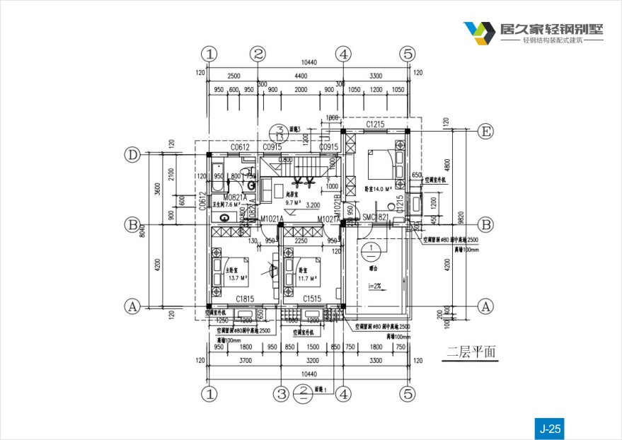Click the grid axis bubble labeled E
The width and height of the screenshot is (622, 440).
point(485,132)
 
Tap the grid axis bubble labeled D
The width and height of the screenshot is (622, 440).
point(132,154)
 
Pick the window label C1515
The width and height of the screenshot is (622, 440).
point(313,299)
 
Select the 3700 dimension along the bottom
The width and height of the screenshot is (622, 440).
point(244,361)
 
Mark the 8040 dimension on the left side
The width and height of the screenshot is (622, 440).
point(142,230)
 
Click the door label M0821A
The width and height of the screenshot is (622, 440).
point(235,197)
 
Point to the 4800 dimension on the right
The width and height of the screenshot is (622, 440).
point(447,164)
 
